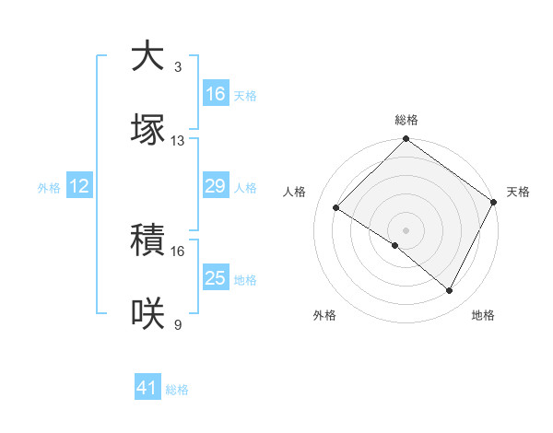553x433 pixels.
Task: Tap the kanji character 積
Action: tap(149, 240)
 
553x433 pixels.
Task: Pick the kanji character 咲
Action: tap(149, 314)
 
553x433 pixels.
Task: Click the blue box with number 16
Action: tap(216, 93)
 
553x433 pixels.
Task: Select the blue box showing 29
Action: tap(216, 186)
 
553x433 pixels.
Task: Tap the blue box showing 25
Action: tap(216, 278)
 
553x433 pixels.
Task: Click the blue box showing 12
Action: tap(79, 186)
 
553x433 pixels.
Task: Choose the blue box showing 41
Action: tap(147, 388)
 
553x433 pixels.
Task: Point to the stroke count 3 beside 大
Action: tap(178, 67)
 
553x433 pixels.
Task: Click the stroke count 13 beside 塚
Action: tap(178, 141)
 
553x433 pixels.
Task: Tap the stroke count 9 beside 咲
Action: tap(178, 325)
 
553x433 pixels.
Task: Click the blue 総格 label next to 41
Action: tap(177, 390)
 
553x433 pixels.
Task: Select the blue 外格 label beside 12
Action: tap(49, 188)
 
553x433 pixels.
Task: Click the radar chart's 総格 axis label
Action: tap(406, 120)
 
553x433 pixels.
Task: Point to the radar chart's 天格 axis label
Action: tap(519, 192)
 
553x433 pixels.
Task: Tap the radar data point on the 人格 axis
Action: tap(336, 208)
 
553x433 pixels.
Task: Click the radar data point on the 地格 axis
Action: tap(450, 291)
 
